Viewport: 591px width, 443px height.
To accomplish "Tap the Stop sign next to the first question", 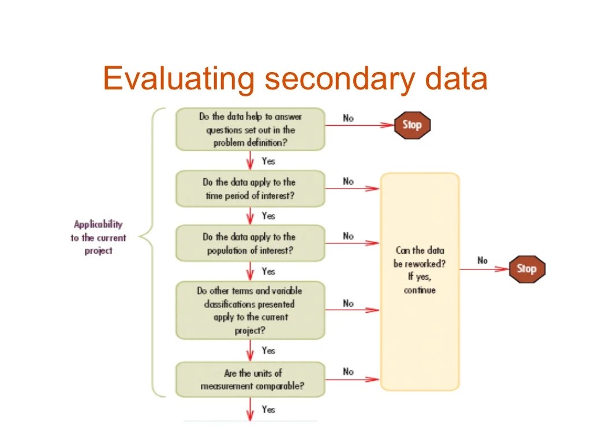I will pyautogui.click(x=412, y=125).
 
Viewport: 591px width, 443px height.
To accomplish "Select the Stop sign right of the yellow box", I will pyautogui.click(x=526, y=269).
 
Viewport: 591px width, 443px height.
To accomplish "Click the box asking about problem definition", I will pyautogui.click(x=250, y=130).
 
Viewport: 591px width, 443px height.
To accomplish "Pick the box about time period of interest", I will pyautogui.click(x=250, y=189).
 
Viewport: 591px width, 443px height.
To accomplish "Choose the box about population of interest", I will pyautogui.click(x=250, y=243).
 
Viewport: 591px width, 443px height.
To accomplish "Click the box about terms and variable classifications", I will pyautogui.click(x=250, y=310).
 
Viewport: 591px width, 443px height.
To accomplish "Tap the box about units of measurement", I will pyautogui.click(x=250, y=380).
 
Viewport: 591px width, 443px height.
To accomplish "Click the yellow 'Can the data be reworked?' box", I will pyautogui.click(x=420, y=281).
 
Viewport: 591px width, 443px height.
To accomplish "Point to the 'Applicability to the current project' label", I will pyautogui.click(x=98, y=237).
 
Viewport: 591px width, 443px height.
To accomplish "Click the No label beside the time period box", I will pyautogui.click(x=348, y=181).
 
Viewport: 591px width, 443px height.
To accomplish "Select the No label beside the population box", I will pyautogui.click(x=348, y=236).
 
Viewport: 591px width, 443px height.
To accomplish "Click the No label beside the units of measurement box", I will pyautogui.click(x=348, y=371).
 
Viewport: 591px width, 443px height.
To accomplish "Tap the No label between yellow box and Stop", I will pyautogui.click(x=482, y=260).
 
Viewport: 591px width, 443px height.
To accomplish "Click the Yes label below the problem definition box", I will pyautogui.click(x=268, y=161).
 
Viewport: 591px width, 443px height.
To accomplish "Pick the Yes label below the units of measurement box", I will pyautogui.click(x=268, y=410).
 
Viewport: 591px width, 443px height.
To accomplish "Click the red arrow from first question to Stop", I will pyautogui.click(x=358, y=125).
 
